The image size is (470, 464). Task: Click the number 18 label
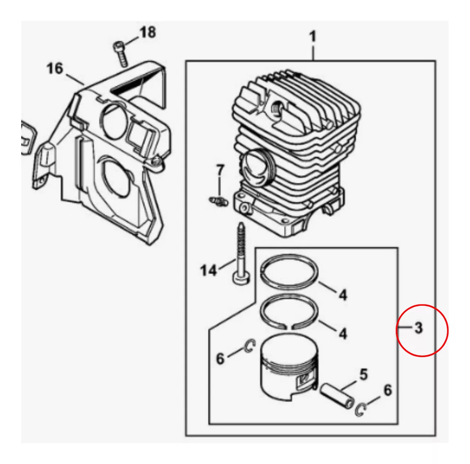coord(148,32)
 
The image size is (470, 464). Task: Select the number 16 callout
coord(54,69)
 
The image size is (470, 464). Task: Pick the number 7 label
coord(220,171)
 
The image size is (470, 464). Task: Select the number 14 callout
coord(208,270)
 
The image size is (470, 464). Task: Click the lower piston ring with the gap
coord(290,310)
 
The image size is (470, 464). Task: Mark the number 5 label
coord(363,375)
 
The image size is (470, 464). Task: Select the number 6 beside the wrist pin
coord(387,390)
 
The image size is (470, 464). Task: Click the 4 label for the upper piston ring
coord(343,294)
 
